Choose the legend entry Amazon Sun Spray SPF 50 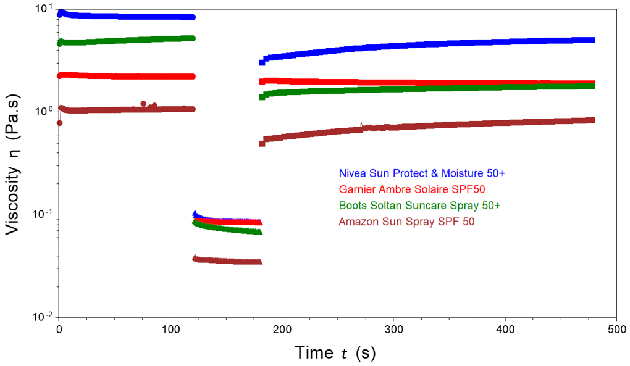click(x=406, y=221)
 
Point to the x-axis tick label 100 click(x=170, y=330)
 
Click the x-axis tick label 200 click(x=282, y=330)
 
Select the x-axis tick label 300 click(x=394, y=330)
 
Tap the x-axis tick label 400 click(x=506, y=330)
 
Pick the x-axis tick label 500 click(x=617, y=330)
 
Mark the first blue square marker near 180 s click(x=262, y=62)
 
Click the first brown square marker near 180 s click(x=262, y=143)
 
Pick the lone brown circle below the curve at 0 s click(x=59, y=123)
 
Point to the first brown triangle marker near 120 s click(x=195, y=257)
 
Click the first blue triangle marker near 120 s click(x=195, y=214)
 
